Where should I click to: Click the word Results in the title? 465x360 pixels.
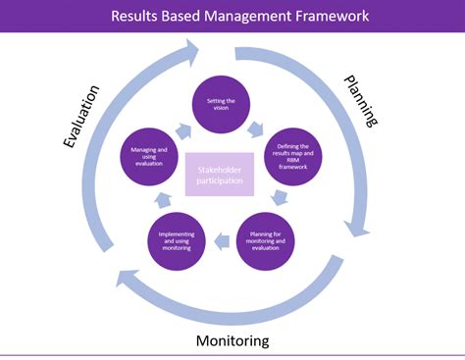click(x=139, y=16)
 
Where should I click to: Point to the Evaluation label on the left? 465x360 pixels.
click(x=82, y=117)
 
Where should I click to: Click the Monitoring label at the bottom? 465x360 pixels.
click(x=232, y=340)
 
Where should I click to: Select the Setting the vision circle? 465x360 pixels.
click(x=220, y=104)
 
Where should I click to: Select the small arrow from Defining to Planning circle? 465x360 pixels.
click(x=281, y=198)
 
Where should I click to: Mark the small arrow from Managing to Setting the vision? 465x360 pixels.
click(x=182, y=128)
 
